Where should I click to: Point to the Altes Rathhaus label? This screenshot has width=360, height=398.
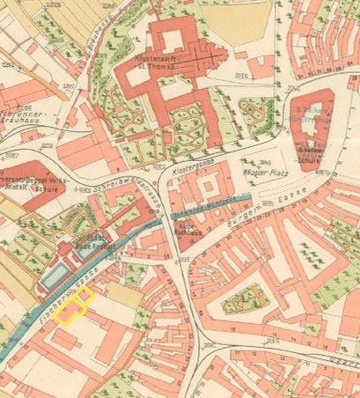point(187,228)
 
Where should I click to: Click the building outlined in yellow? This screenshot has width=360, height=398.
point(75,309)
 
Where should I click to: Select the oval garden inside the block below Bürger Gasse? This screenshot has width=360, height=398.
point(241,299)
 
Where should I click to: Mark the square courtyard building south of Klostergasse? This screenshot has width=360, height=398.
point(209,192)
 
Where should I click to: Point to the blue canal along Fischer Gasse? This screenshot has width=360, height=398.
point(44,317)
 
